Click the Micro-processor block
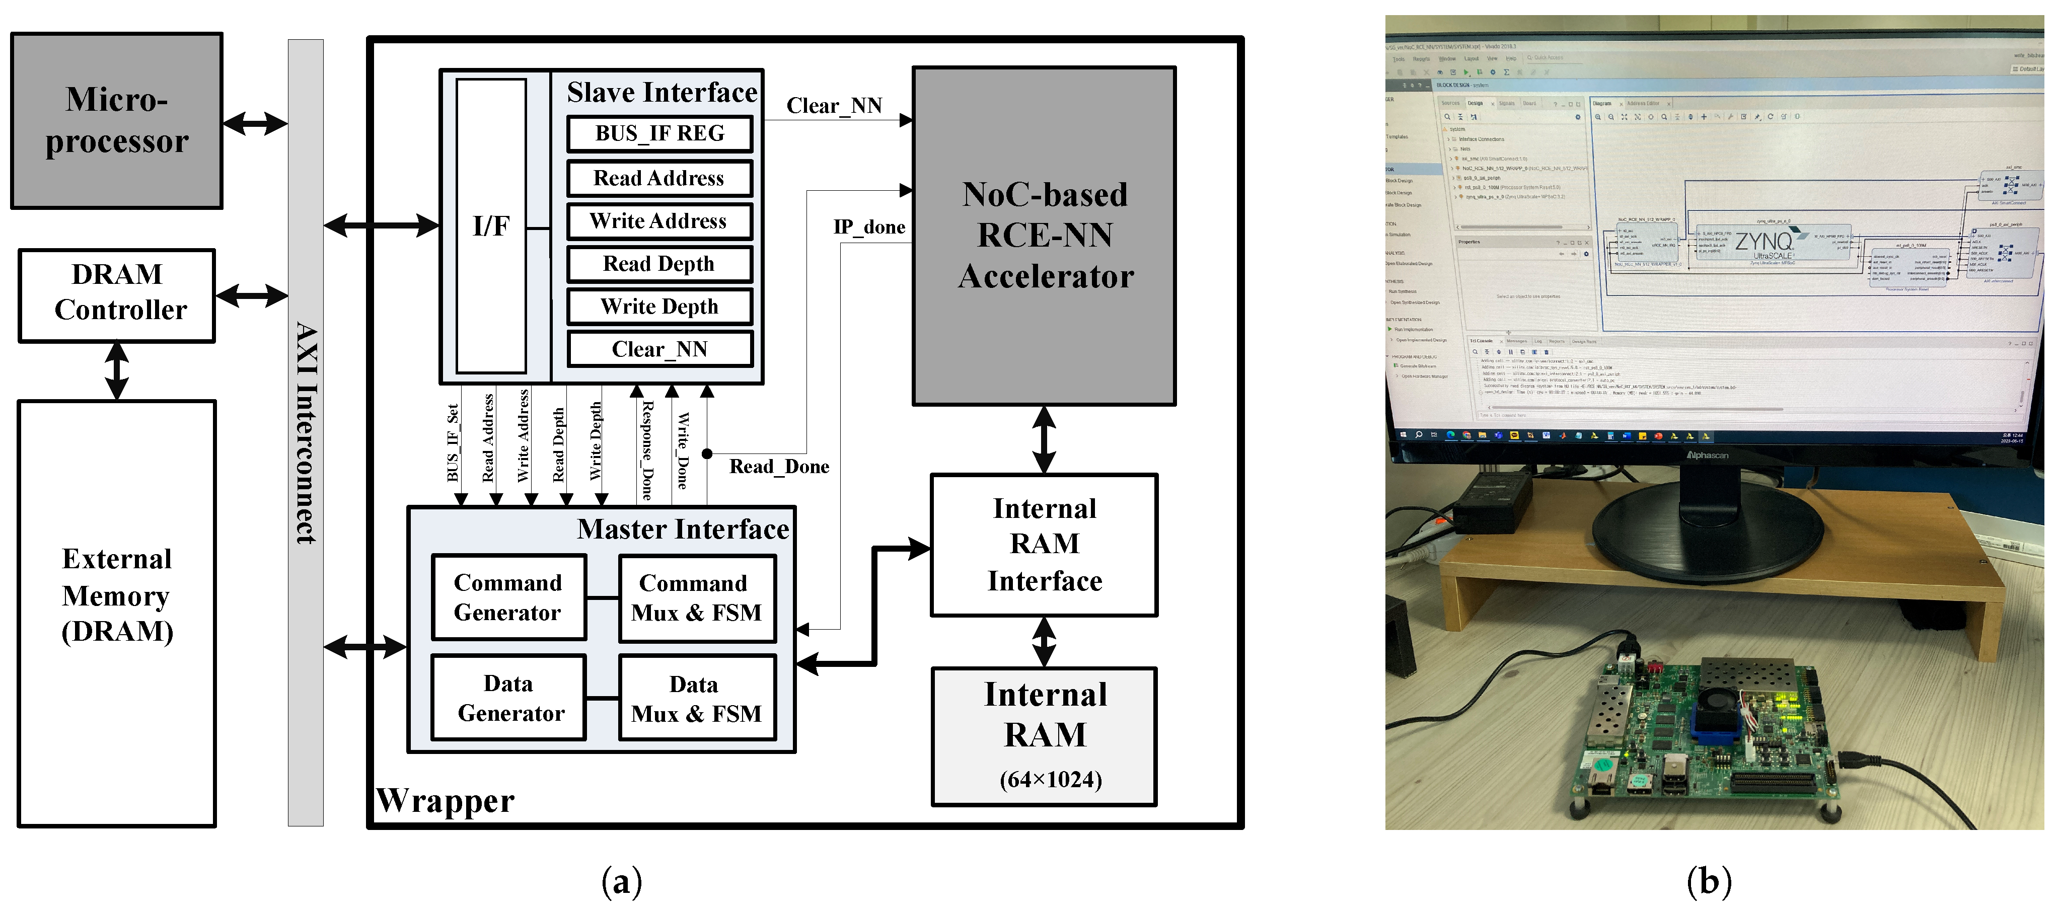[x=117, y=121]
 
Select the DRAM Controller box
[x=117, y=295]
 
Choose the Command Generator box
[x=508, y=597]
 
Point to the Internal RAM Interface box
[x=1044, y=545]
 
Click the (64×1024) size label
[x=1051, y=779]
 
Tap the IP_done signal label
[x=869, y=227]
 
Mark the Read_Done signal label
[x=779, y=467]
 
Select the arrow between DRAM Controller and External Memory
[x=117, y=371]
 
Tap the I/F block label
[x=490, y=226]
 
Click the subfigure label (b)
[x=1709, y=881]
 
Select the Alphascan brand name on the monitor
[x=1707, y=456]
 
